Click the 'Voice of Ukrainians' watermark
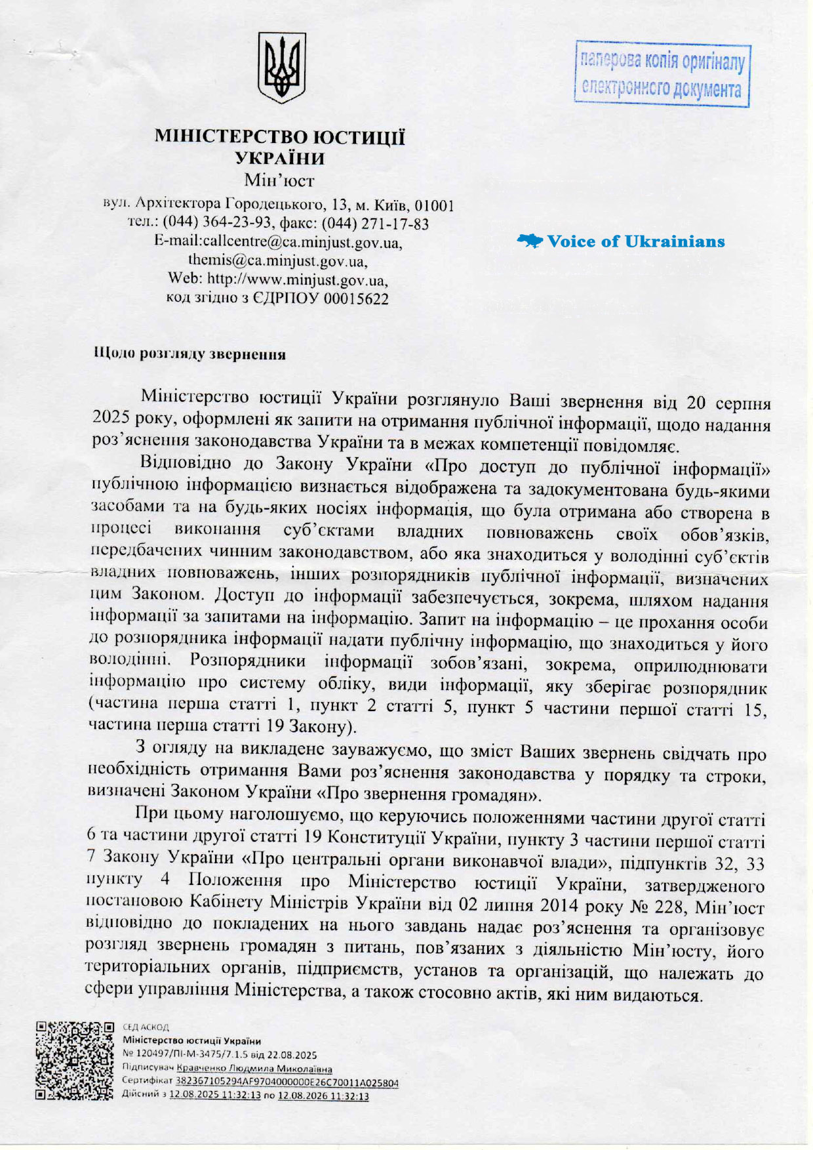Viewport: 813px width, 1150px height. (x=622, y=241)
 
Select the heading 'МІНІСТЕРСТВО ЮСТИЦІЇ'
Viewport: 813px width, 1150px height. (x=280, y=137)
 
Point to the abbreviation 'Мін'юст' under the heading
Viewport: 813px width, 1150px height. (x=279, y=179)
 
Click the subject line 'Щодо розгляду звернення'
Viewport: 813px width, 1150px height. (x=190, y=355)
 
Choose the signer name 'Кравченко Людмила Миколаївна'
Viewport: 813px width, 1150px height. (x=254, y=1069)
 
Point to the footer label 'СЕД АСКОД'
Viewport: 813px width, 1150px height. (x=146, y=1027)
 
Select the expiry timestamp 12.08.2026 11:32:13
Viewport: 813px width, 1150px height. (x=323, y=1096)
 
